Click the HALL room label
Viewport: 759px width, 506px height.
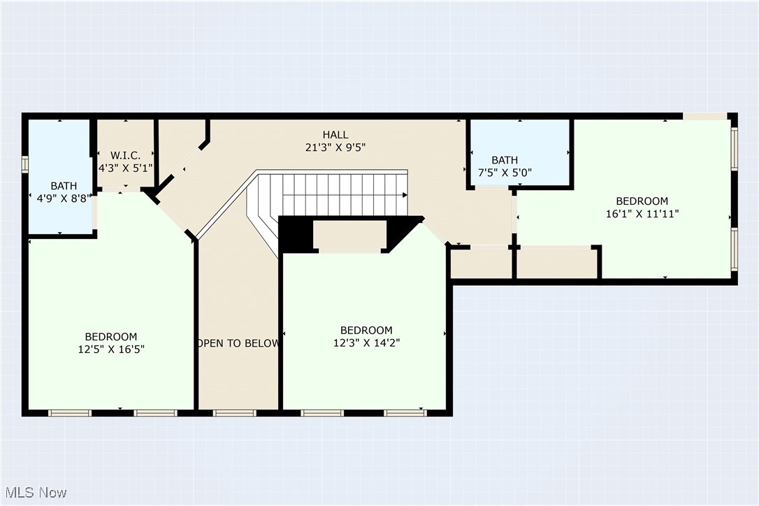point(335,135)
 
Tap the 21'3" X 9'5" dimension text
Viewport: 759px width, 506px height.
point(335,147)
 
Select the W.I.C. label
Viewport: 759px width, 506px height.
point(126,155)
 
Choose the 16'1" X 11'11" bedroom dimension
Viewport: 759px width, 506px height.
point(642,214)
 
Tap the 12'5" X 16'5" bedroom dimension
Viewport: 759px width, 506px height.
point(111,349)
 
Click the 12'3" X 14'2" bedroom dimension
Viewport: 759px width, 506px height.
point(366,342)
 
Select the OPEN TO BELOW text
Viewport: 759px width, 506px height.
point(238,343)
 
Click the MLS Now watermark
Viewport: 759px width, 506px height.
point(34,492)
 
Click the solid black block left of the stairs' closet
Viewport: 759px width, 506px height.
point(295,234)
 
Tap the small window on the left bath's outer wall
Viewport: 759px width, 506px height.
point(25,164)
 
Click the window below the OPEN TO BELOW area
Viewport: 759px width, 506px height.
point(234,413)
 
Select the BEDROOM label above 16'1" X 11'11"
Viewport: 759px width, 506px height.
point(642,201)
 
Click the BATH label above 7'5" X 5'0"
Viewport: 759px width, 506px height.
point(504,160)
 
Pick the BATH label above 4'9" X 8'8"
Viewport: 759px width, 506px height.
point(64,186)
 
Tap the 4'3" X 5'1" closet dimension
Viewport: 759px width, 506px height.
point(126,168)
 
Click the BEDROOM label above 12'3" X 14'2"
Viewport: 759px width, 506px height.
point(366,330)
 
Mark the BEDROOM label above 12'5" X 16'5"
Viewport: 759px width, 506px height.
point(111,336)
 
